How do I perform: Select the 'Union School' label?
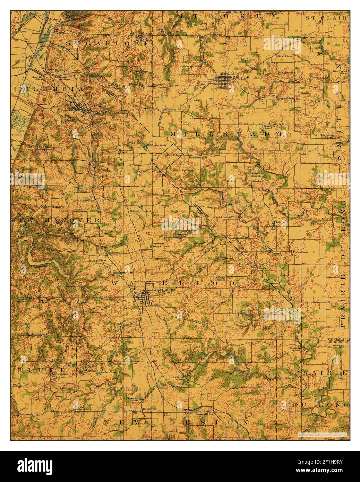[x=286, y=98]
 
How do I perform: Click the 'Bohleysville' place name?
[x=197, y=157]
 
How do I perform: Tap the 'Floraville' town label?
[x=281, y=222]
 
